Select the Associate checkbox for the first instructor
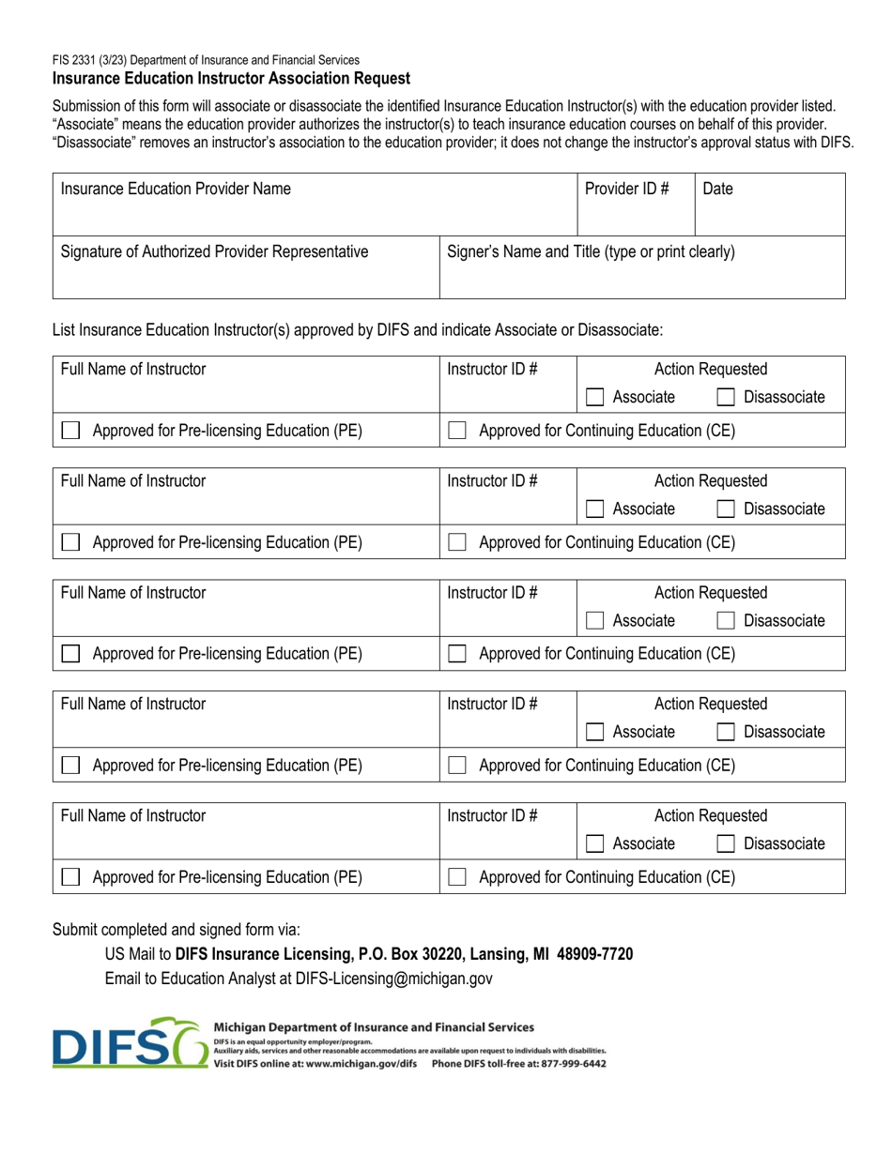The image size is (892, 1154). [x=593, y=398]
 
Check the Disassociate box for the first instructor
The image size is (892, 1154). [x=725, y=398]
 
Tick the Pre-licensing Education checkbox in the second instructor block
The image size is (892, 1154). [x=70, y=542]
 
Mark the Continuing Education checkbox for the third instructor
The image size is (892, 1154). [x=457, y=654]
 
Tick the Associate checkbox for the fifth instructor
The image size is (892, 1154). [x=593, y=843]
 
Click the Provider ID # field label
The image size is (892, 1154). [x=626, y=189]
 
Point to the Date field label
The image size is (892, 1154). [x=717, y=189]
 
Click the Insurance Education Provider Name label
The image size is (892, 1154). [x=176, y=189]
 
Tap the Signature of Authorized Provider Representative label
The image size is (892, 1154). [x=214, y=251]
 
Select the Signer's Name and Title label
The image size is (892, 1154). [x=591, y=251]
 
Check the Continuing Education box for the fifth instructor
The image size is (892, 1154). [x=457, y=877]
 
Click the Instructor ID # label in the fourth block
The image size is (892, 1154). [x=492, y=705]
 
